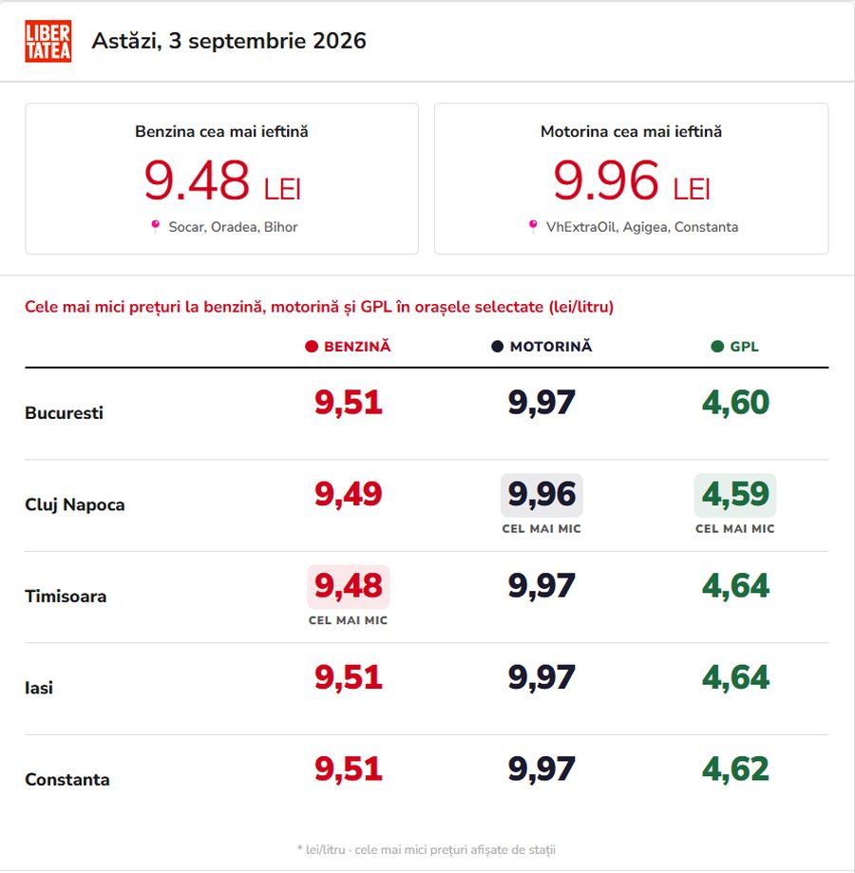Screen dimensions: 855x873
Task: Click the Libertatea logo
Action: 47,41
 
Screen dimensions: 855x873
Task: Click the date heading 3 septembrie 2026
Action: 229,41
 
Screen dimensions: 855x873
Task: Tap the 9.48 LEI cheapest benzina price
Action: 222,180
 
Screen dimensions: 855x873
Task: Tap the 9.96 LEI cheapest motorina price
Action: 632,180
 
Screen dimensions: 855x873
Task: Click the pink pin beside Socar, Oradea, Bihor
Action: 155,225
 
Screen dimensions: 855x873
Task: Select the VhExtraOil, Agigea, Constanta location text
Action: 642,227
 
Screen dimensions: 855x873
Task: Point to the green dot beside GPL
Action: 717,347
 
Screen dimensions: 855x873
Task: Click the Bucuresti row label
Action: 64,412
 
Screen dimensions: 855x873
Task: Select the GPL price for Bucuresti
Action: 735,402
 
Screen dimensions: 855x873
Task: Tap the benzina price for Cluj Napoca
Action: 349,494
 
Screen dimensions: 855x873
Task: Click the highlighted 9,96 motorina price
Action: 541,494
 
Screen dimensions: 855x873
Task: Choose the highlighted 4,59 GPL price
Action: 735,494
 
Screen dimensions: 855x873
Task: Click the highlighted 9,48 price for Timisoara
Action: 349,586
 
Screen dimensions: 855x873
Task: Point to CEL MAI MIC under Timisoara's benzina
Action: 349,620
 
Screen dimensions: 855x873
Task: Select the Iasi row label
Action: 39,688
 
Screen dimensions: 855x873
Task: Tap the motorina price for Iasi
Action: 541,677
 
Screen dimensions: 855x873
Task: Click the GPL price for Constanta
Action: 735,769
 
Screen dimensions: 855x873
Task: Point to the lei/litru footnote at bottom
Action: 427,849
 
